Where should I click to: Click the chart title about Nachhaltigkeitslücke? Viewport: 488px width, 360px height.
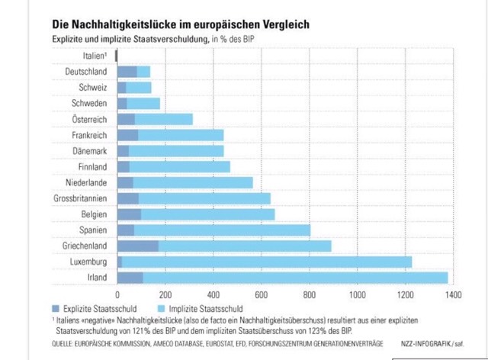(181, 24)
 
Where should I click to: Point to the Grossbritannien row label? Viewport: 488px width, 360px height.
(79, 198)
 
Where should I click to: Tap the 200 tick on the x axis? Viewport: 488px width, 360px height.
(165, 293)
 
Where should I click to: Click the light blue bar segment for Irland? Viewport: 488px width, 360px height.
(294, 278)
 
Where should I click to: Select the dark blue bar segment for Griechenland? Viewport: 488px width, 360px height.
(137, 246)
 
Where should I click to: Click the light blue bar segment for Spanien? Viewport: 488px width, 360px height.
(221, 230)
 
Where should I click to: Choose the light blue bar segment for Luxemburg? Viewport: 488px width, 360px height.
(266, 262)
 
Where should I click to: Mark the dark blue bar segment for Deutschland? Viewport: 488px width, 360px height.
(127, 72)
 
